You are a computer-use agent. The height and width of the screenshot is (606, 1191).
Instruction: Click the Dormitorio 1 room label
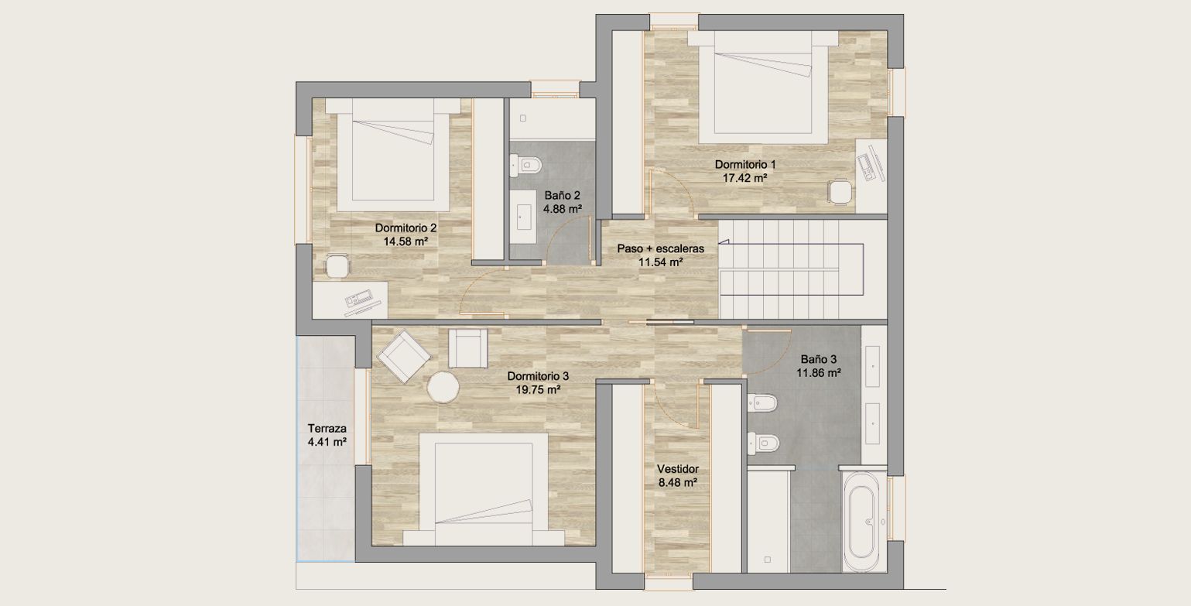745,165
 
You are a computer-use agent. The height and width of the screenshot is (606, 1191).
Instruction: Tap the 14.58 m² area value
406,241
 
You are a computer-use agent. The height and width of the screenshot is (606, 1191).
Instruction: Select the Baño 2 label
562,195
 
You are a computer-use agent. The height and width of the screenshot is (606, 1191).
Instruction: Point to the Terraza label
327,429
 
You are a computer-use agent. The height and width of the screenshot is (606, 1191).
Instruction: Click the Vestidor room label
678,469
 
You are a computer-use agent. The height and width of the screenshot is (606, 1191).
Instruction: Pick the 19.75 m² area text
538,389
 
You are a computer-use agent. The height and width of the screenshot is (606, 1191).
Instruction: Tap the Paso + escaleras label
660,248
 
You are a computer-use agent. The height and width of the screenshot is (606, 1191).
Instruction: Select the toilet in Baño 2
525,165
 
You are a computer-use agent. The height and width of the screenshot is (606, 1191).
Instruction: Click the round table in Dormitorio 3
443,388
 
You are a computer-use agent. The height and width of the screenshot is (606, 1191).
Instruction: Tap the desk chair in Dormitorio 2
337,265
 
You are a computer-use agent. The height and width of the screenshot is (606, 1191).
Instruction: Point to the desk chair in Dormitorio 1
840,191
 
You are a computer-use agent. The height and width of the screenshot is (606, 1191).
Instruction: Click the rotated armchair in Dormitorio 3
404,356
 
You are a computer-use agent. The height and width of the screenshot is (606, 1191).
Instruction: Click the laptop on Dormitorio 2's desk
360,300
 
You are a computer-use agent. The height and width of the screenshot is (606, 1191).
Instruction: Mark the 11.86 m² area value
818,373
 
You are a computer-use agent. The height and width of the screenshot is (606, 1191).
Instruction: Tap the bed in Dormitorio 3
484,489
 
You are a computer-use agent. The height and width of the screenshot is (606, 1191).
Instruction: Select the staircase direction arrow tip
720,244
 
